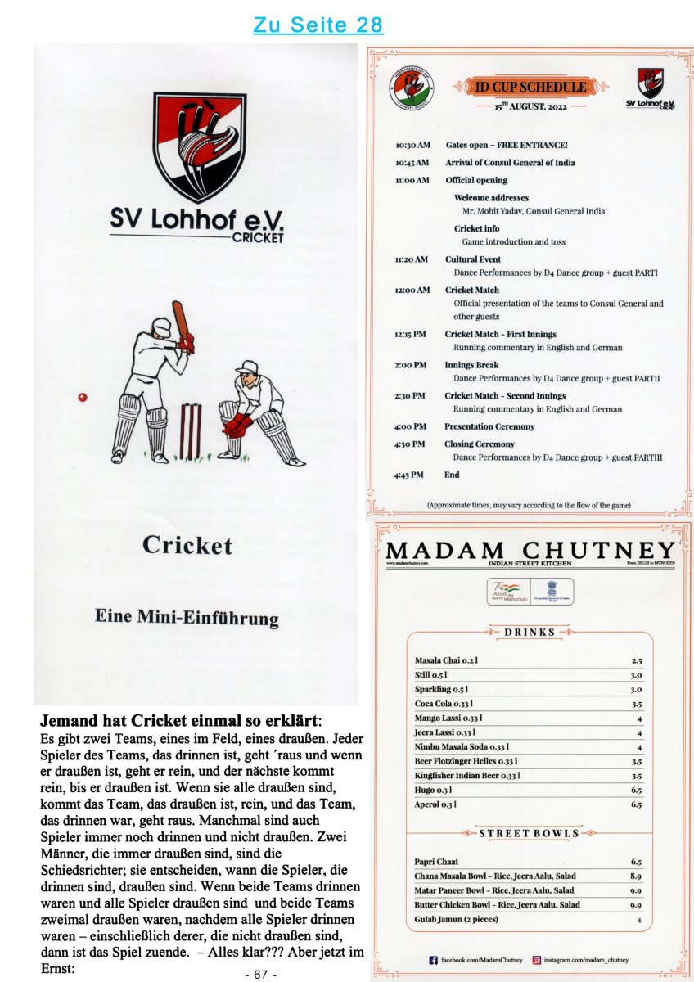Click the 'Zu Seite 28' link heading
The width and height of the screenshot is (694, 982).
coord(318,25)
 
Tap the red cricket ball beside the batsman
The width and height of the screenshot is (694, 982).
coord(82,397)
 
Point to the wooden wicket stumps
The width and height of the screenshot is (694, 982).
coord(191,430)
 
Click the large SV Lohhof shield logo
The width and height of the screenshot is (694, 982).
coord(199,147)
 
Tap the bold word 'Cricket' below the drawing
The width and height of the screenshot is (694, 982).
coord(187,545)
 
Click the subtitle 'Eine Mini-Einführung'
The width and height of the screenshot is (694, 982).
coord(187,617)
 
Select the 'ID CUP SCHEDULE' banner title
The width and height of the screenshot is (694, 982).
coord(531,86)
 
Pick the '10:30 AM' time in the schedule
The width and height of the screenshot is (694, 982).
coord(412,145)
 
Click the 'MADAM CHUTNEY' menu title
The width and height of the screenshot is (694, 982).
coord(531,550)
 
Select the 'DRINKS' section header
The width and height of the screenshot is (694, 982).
coord(530,632)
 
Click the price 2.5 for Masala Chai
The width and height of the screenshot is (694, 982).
coord(636,660)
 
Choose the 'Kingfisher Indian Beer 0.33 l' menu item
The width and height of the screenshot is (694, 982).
coord(467,775)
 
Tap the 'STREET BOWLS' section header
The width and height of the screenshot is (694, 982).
coord(530,833)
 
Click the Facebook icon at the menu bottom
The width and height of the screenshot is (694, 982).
coord(434,959)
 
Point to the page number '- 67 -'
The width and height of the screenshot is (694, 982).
coord(262,974)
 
